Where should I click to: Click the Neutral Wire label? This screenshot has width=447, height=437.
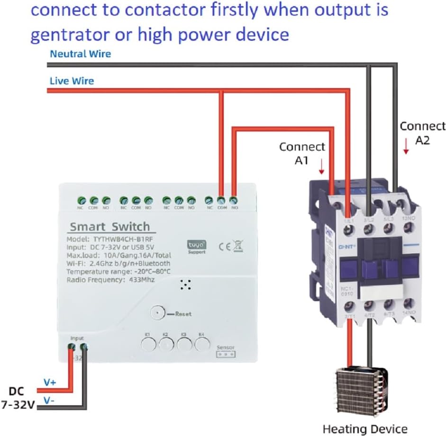pyautogui.click(x=81, y=54)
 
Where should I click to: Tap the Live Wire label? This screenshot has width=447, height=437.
pyautogui.click(x=72, y=81)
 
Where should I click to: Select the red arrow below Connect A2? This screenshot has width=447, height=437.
pyautogui.click(x=406, y=146)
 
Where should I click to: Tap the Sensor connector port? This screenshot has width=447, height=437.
pyautogui.click(x=226, y=355)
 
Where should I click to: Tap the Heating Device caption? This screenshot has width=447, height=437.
pyautogui.click(x=365, y=428)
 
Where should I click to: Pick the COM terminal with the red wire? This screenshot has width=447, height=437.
pyautogui.click(x=221, y=200)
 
